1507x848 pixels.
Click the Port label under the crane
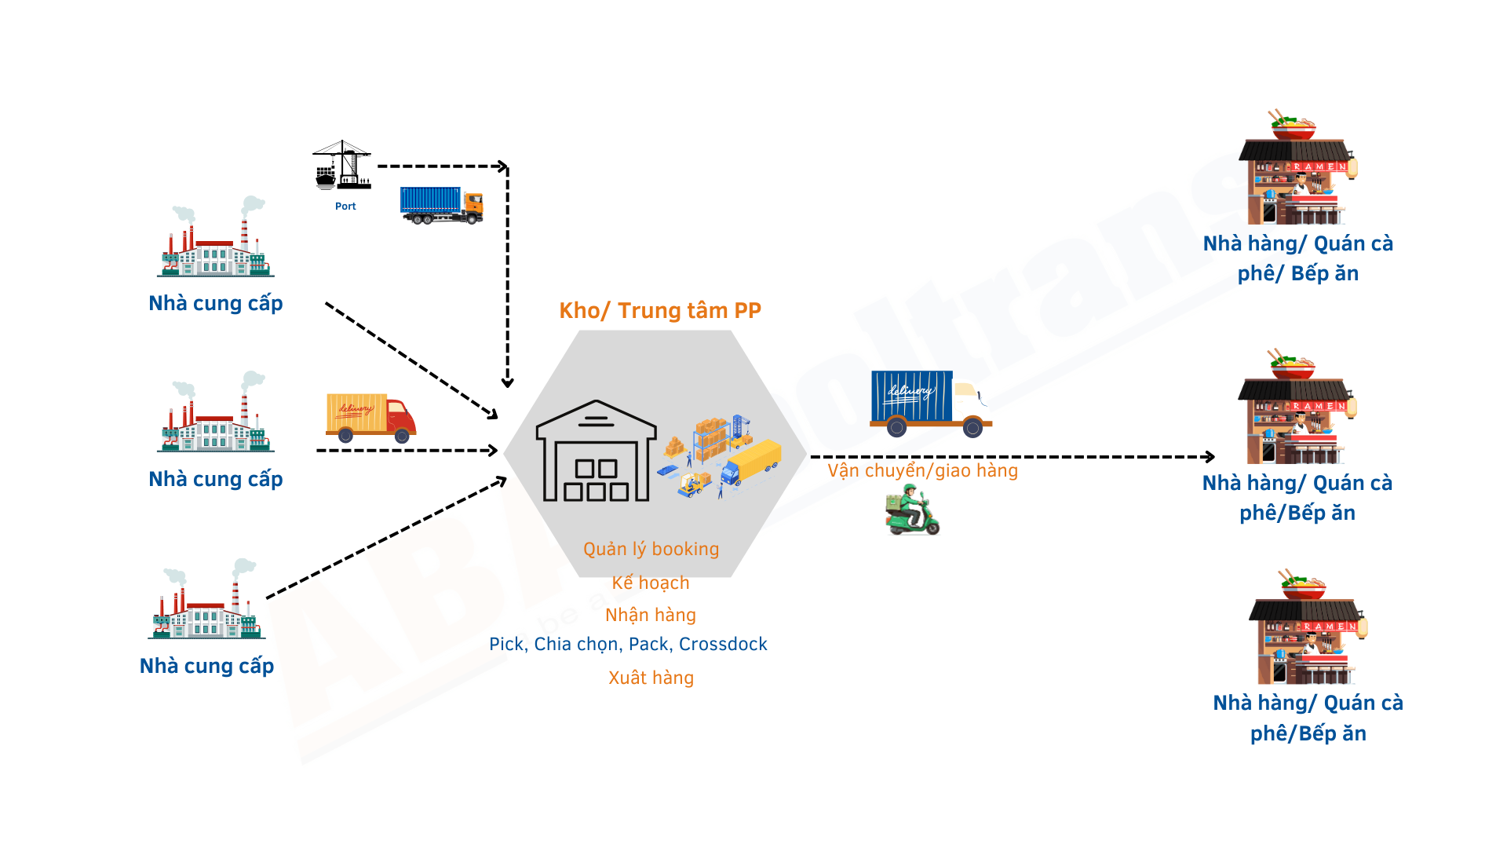pos(345,207)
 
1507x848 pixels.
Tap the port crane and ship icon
pos(342,166)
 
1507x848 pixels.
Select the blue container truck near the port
pos(441,205)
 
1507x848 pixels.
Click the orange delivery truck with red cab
pos(370,417)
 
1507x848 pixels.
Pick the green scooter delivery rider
pos(912,510)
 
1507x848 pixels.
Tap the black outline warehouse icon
pos(596,451)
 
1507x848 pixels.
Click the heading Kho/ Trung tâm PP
pos(660,311)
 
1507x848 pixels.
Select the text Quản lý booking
pos(651,549)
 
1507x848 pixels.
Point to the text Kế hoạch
pos(651,583)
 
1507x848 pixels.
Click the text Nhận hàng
pos(651,615)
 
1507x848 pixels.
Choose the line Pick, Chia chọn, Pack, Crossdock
pos(628,645)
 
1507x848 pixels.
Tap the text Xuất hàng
pos(651,678)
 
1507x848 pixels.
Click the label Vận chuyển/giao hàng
pos(922,471)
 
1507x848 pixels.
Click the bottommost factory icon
pos(206,600)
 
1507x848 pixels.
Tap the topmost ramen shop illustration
pos(1297,169)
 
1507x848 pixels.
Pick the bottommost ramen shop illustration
pos(1308,628)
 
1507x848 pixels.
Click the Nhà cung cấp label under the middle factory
pos(216,479)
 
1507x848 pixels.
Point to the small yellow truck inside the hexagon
pos(751,462)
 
